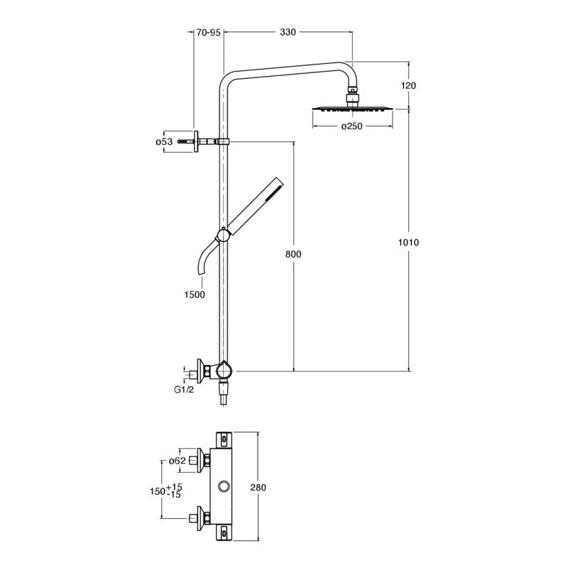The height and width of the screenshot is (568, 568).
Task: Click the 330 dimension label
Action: pos(288,32)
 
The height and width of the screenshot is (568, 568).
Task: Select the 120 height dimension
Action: pos(408,85)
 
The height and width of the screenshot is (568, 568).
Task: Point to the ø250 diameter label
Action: pos(353,126)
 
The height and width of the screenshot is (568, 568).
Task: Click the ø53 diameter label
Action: pos(164,141)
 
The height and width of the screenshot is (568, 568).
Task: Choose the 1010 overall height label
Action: pos(410,242)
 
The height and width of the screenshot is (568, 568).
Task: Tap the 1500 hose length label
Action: pos(194,294)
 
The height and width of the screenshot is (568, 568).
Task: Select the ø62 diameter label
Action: pos(177,461)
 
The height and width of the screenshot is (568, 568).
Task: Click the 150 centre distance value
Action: pos(157,491)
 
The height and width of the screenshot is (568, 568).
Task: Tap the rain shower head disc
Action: pos(351,109)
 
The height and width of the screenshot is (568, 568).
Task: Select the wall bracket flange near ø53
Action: pos(195,141)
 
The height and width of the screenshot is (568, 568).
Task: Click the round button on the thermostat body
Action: pos(226,486)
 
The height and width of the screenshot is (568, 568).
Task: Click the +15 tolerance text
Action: pos(175,486)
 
